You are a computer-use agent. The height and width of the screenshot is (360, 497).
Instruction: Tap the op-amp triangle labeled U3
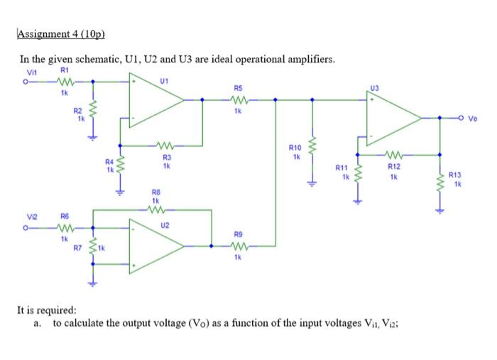[392, 118]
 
